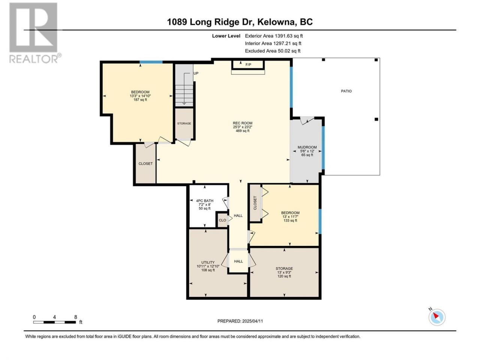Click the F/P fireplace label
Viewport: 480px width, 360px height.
point(248,65)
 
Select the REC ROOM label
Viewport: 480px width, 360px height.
point(243,123)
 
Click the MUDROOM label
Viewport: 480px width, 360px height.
point(307,147)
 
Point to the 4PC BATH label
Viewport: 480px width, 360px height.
point(204,201)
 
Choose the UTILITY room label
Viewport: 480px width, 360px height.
point(208,262)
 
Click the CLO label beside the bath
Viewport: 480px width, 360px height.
point(222,220)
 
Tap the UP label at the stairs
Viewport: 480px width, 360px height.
point(196,73)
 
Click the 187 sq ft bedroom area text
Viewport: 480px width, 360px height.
point(140,100)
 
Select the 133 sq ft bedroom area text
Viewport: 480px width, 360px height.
point(290,220)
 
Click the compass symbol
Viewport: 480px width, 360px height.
point(437,317)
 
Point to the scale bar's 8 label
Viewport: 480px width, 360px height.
point(76,317)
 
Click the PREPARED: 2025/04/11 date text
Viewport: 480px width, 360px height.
point(240,321)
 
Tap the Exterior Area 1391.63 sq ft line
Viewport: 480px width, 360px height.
point(274,36)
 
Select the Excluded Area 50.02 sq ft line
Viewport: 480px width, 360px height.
point(273,51)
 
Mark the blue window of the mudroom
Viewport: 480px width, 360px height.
point(323,148)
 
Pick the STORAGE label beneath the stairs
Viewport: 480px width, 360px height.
point(184,123)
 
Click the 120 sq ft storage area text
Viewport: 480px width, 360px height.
point(284,276)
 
